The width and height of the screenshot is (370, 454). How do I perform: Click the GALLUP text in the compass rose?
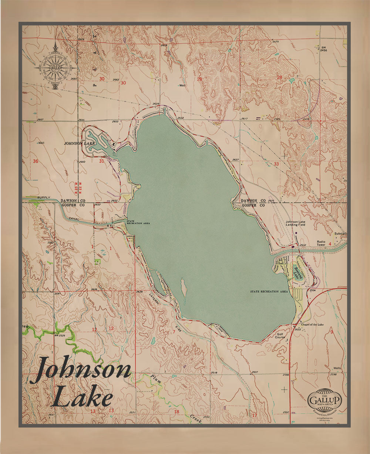(x=55, y=68)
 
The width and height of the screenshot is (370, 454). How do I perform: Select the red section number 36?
(x=36, y=161)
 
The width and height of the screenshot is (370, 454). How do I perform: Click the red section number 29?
(x=199, y=79)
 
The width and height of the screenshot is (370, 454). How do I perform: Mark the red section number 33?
(x=276, y=164)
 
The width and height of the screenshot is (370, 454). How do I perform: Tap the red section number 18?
(x=176, y=412)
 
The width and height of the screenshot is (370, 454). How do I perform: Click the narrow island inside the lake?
(x=183, y=291)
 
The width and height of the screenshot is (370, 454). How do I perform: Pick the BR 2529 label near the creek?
(x=60, y=335)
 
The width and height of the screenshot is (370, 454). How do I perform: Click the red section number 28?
(x=280, y=77)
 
